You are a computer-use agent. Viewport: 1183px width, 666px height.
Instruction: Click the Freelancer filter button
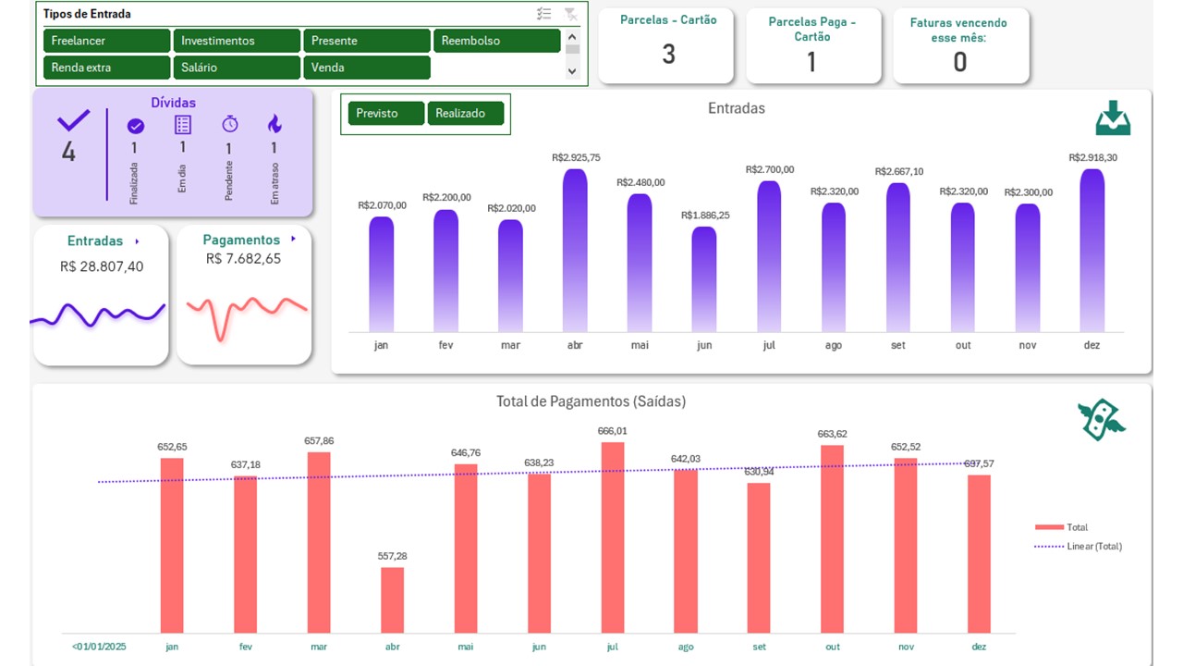tap(106, 41)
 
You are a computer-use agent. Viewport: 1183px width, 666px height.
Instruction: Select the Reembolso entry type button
tap(496, 41)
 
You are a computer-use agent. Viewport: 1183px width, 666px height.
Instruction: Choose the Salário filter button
tap(237, 68)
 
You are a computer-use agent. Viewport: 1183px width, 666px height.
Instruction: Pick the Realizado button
tap(465, 113)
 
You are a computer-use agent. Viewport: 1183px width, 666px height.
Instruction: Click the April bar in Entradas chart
tap(575, 250)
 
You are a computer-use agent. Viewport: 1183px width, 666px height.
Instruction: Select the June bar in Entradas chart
tap(704, 278)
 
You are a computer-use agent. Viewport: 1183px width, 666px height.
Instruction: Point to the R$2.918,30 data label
tap(1092, 158)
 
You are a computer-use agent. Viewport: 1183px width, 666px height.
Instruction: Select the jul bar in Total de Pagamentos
tap(613, 536)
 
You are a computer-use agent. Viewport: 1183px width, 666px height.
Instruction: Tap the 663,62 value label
tap(832, 434)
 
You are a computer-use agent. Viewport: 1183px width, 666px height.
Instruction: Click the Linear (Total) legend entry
tap(1093, 547)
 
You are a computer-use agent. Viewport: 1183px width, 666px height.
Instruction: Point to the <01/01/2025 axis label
tap(98, 647)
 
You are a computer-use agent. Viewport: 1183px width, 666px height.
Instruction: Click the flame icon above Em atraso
tap(274, 124)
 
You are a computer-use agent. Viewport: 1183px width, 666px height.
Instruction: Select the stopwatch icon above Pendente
tap(229, 124)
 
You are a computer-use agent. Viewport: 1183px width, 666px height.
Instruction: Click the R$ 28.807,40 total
tap(102, 266)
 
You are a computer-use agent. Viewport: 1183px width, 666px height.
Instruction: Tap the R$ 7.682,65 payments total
tap(244, 259)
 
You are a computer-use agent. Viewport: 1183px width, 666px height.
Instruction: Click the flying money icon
tap(1102, 420)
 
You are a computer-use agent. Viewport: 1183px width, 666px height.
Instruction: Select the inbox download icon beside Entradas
tap(1113, 118)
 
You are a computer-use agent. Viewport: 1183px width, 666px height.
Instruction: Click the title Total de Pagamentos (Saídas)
tap(591, 401)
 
